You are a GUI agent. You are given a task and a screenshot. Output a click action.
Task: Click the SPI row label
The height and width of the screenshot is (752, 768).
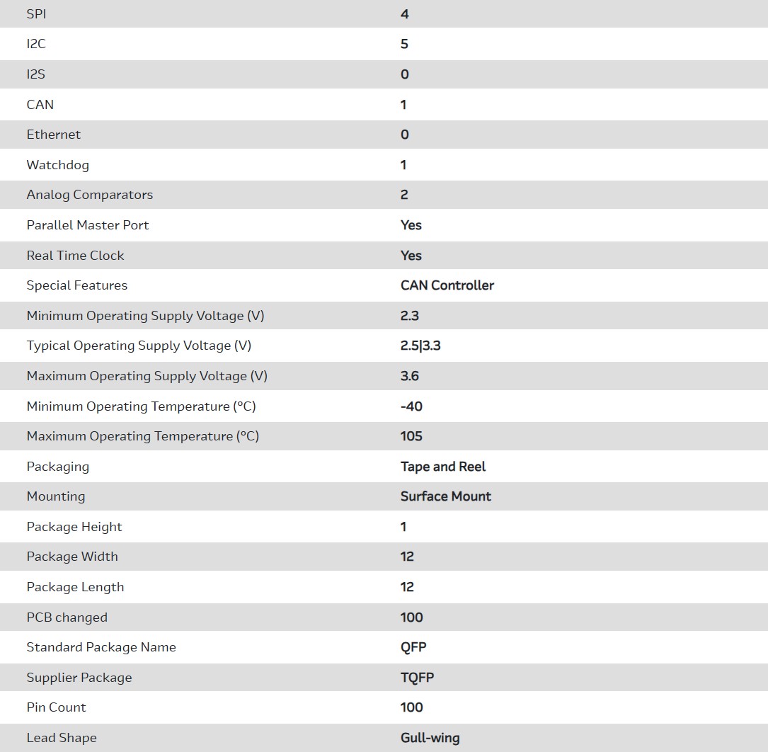click(x=36, y=14)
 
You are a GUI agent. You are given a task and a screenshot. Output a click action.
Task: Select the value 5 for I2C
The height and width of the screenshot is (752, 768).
click(x=404, y=44)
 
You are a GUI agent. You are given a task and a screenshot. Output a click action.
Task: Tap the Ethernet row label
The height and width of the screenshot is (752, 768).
click(x=54, y=135)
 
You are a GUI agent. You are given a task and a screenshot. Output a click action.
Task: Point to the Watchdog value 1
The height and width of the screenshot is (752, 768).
click(x=403, y=165)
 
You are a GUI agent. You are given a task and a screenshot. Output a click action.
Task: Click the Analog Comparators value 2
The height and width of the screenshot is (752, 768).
click(x=404, y=195)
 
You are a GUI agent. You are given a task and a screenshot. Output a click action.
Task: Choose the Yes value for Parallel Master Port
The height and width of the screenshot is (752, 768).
click(x=411, y=225)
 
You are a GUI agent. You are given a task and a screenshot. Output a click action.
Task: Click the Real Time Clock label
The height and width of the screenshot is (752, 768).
click(x=75, y=256)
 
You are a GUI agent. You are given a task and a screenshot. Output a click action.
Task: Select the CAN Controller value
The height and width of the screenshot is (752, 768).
click(x=447, y=285)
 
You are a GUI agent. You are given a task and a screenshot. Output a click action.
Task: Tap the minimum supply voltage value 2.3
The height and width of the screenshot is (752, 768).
click(x=410, y=316)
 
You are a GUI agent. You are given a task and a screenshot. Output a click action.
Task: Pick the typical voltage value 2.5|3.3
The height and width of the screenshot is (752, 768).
click(x=420, y=346)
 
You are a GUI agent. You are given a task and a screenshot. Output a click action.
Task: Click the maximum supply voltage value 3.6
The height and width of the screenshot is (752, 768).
click(x=410, y=376)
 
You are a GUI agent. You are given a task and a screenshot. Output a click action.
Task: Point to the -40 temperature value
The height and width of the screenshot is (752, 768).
click(x=411, y=406)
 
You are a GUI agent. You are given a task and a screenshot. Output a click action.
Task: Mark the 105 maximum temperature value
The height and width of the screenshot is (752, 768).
click(x=411, y=436)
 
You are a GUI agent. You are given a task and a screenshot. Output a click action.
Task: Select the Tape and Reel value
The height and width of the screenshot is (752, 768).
click(x=443, y=467)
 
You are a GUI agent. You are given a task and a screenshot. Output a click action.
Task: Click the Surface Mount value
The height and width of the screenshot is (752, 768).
click(x=445, y=496)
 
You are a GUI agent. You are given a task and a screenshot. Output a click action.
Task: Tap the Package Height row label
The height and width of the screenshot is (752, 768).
click(x=74, y=527)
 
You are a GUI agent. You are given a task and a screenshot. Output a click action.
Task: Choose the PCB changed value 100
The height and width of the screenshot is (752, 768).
click(x=411, y=617)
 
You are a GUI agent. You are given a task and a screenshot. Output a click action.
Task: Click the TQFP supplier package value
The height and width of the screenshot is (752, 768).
click(x=417, y=678)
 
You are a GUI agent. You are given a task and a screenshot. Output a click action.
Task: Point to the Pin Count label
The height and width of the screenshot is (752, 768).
click(x=56, y=707)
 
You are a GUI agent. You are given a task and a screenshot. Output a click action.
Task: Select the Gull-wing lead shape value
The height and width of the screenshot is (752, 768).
click(x=430, y=738)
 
